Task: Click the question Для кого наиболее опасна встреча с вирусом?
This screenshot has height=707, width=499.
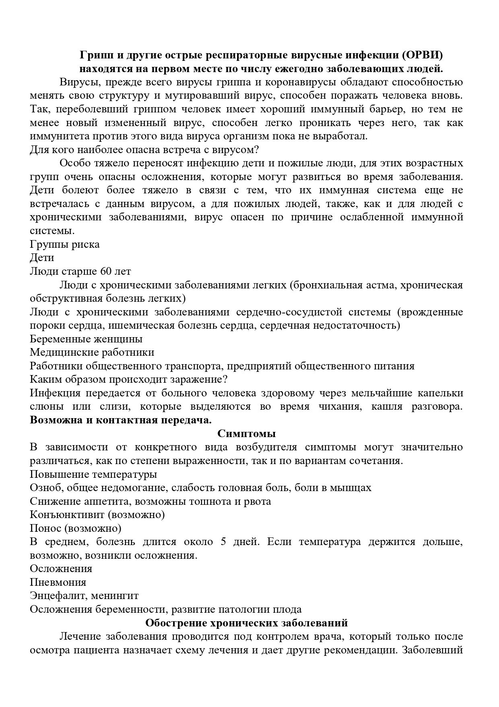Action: click(x=144, y=150)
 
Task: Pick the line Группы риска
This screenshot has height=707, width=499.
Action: click(x=65, y=244)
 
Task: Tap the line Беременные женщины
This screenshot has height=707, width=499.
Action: click(x=86, y=339)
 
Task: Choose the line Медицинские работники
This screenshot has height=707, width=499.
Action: click(x=92, y=352)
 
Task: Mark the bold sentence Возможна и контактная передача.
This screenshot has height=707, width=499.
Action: click(x=121, y=420)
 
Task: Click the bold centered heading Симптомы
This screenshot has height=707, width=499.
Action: click(x=246, y=434)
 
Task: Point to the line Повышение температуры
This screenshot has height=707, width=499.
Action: click(x=93, y=474)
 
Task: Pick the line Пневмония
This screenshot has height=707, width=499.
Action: click(x=58, y=582)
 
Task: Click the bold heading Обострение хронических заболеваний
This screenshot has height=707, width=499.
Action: click(x=246, y=623)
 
